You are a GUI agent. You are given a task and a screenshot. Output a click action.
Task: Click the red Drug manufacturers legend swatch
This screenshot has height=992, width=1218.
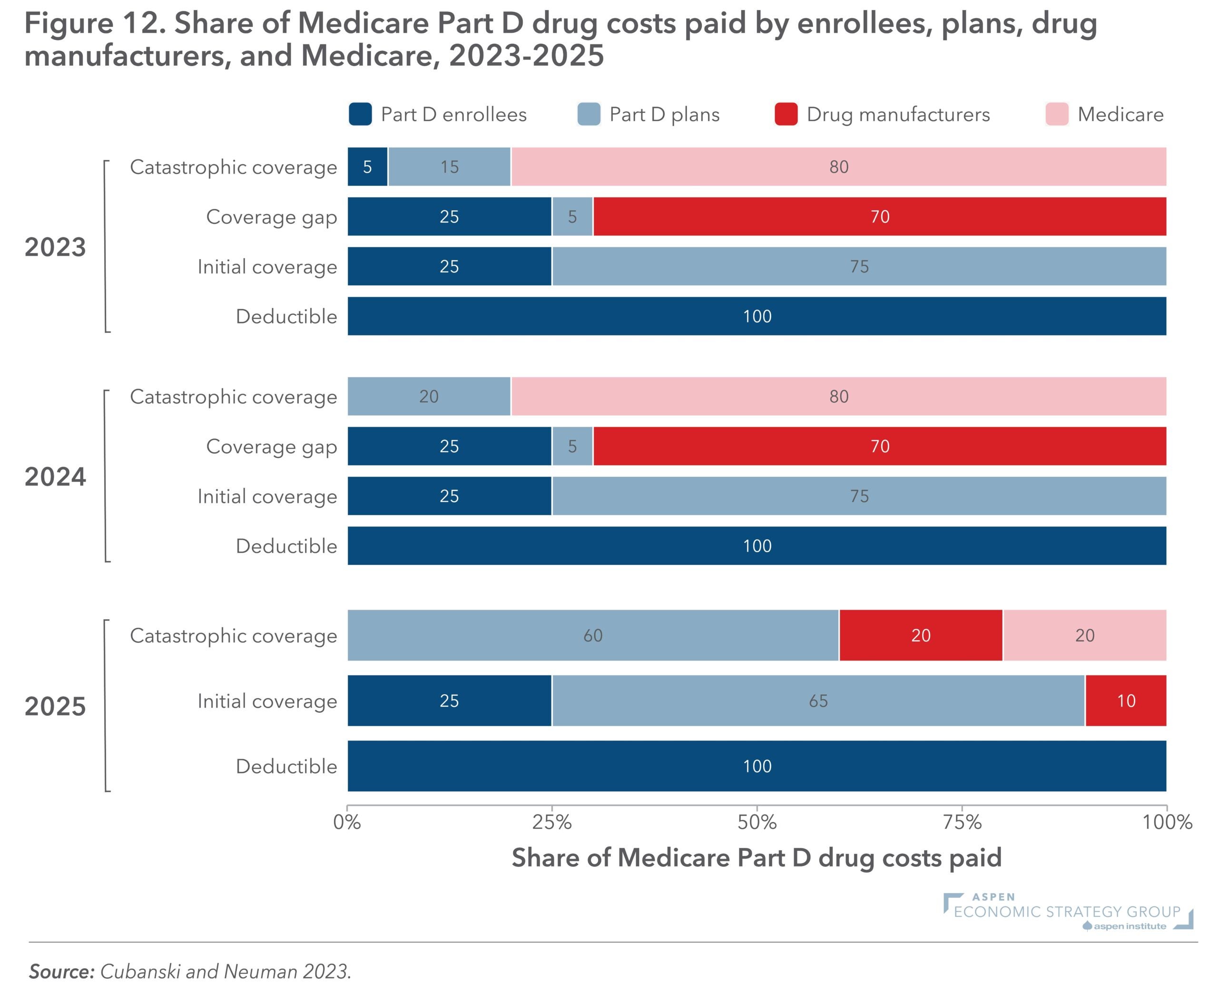click(786, 114)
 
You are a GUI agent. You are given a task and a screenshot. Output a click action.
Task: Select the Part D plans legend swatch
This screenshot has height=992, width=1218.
click(589, 114)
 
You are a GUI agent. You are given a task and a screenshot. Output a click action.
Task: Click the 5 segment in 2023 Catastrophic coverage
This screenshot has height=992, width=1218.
click(367, 167)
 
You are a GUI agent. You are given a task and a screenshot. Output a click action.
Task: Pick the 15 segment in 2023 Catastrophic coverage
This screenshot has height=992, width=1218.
click(449, 167)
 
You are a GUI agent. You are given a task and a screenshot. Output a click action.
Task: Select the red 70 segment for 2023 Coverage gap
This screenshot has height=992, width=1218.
click(880, 216)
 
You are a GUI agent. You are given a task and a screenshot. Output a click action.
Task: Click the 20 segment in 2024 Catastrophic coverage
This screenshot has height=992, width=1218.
click(429, 397)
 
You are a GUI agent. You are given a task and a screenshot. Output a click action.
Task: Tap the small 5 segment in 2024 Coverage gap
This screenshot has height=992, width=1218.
click(572, 446)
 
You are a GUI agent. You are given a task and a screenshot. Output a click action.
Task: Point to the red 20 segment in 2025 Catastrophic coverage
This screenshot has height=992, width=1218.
click(921, 635)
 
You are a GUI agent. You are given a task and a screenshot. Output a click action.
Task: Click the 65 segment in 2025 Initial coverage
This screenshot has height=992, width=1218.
click(818, 701)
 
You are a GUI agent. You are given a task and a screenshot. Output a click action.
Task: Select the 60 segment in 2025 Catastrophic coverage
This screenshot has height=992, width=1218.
click(593, 635)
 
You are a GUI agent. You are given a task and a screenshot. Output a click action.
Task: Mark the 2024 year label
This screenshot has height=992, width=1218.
click(56, 477)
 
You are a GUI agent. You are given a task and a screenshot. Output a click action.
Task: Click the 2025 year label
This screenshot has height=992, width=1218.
click(56, 707)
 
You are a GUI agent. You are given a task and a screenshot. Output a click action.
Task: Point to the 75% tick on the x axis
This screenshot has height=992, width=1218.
click(962, 822)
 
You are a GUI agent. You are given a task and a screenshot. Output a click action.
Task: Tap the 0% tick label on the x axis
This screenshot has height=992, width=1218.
click(347, 822)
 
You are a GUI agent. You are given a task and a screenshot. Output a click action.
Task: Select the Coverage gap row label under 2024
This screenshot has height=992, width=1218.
click(272, 446)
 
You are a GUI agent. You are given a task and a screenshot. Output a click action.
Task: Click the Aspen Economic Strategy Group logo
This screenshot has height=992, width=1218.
click(1068, 912)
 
